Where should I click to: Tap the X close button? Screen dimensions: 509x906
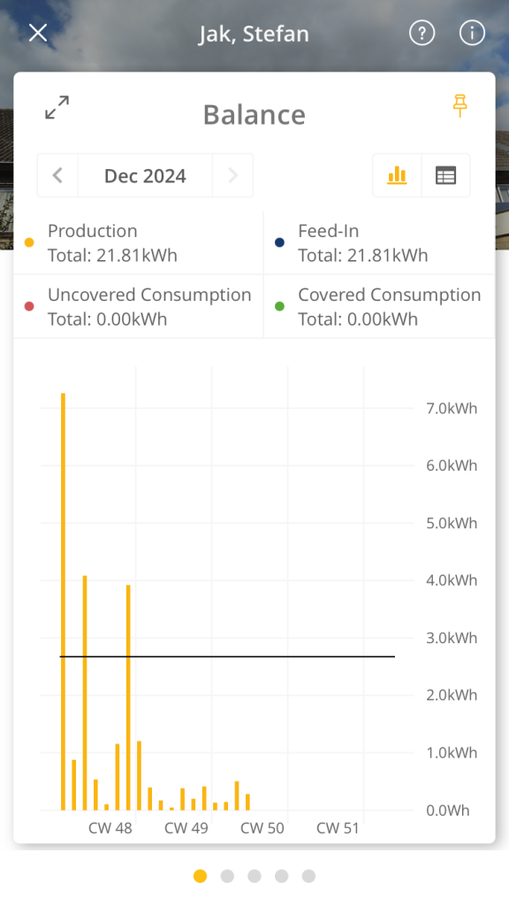click(x=38, y=33)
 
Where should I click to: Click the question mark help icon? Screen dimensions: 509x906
click(x=422, y=33)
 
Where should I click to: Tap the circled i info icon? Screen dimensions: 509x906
click(x=472, y=33)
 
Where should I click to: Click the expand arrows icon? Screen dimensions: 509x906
click(x=57, y=107)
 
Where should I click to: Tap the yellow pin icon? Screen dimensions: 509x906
click(x=460, y=105)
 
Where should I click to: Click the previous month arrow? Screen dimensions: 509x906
click(x=57, y=175)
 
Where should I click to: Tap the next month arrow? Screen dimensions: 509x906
click(x=232, y=175)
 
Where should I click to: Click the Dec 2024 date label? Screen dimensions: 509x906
click(x=146, y=176)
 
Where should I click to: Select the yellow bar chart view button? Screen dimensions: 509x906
click(x=397, y=175)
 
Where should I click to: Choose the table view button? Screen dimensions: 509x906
click(x=445, y=175)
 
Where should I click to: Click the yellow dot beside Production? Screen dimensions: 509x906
click(x=29, y=242)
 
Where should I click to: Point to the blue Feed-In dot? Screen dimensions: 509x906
click(x=280, y=242)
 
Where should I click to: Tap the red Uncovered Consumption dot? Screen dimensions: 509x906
click(x=29, y=306)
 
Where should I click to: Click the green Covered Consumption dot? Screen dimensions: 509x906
click(x=280, y=306)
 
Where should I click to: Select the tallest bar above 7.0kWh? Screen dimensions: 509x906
click(x=63, y=602)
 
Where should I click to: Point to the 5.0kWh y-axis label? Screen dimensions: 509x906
click(x=452, y=523)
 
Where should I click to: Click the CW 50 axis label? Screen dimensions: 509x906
click(x=262, y=828)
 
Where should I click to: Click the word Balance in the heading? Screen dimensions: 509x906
click(x=254, y=114)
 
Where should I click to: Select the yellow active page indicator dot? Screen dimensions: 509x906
click(x=201, y=876)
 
